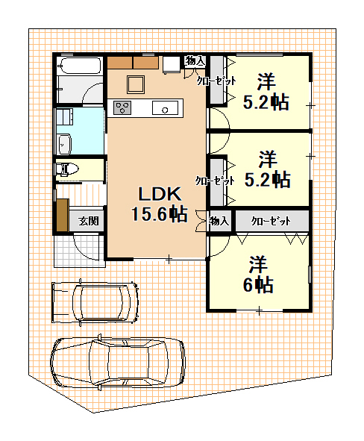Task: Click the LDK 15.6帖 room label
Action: tap(160, 204)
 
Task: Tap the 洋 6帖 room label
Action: tap(258, 275)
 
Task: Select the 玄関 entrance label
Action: tap(89, 221)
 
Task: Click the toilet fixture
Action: tap(67, 169)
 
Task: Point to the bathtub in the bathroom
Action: tap(79, 66)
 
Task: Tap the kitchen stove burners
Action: tap(122, 107)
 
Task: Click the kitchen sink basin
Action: tap(166, 107)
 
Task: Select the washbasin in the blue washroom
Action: tap(64, 144)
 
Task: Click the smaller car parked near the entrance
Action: tap(95, 302)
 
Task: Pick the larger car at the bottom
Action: tap(118, 363)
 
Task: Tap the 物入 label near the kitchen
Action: tap(195, 60)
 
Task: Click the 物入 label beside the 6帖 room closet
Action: tap(219, 221)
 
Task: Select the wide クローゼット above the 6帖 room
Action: tap(272, 221)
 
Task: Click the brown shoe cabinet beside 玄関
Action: tap(63, 215)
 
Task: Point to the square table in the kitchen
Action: tap(136, 84)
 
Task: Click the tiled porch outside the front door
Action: tap(79, 250)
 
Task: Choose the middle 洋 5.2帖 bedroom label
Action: tap(267, 169)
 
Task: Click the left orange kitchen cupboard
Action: tap(120, 63)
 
